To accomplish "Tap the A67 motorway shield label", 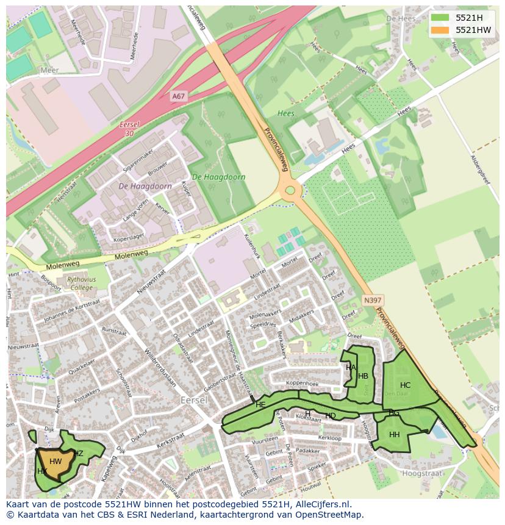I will [178, 96].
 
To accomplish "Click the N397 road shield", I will [372, 300].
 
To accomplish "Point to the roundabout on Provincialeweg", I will [290, 190].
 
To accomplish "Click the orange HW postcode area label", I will [56, 462].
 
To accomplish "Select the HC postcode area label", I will [406, 385].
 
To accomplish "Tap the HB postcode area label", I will [364, 376].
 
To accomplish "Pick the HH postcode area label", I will [395, 435].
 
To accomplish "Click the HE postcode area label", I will [260, 405].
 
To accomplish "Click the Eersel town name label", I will [195, 400].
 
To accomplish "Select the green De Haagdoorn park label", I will [218, 177].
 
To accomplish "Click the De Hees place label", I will [400, 19].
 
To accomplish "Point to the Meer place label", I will [49, 71].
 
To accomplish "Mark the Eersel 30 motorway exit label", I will [129, 129].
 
